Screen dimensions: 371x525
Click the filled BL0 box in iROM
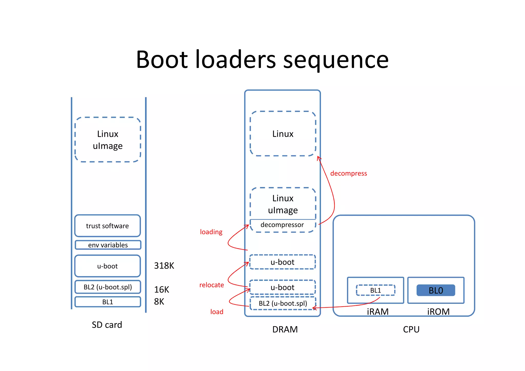click(x=436, y=290)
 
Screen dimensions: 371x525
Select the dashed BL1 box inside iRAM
click(x=375, y=290)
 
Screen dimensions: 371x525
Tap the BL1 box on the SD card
click(x=108, y=302)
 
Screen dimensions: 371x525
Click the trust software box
click(x=107, y=226)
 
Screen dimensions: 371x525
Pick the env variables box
click(x=108, y=245)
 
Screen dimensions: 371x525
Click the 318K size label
click(x=164, y=266)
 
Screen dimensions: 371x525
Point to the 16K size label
click(x=161, y=290)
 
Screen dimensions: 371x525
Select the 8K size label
click(x=159, y=302)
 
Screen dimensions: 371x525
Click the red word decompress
click(x=348, y=173)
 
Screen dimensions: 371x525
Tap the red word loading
click(x=211, y=232)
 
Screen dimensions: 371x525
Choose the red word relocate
click(x=211, y=285)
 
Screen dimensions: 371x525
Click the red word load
click(x=217, y=312)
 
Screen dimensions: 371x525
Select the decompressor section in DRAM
click(x=282, y=225)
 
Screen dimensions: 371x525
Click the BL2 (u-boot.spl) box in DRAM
click(x=283, y=303)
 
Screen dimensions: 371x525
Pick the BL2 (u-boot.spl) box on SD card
click(x=108, y=287)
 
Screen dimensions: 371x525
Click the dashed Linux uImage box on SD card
click(x=108, y=140)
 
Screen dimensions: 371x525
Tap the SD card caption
click(x=107, y=325)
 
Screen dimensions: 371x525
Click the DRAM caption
click(x=285, y=329)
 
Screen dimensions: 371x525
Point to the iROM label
click(x=438, y=312)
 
